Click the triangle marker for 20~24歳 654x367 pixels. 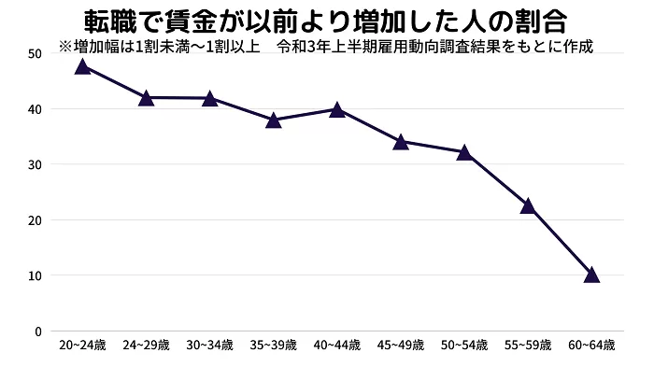click(82, 66)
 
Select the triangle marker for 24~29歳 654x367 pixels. click(146, 97)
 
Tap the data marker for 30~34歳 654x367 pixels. click(209, 98)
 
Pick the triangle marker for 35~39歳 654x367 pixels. click(273, 120)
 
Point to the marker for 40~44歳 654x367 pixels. click(336, 109)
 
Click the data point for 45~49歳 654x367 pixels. click(401, 142)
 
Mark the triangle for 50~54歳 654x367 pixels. click(463, 152)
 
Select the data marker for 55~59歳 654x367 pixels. click(528, 205)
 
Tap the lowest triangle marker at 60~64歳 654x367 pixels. click(591, 275)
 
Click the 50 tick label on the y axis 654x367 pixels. click(35, 53)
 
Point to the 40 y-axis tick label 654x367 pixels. click(35, 109)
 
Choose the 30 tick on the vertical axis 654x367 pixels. click(35, 164)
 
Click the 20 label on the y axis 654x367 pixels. click(35, 220)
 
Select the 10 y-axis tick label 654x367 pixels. click(35, 275)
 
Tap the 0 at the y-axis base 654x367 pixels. click(37, 332)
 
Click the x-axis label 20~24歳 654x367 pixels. click(82, 346)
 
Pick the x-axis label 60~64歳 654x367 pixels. click(591, 346)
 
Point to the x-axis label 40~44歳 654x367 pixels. click(336, 346)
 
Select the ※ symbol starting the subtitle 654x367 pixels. click(64, 45)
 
